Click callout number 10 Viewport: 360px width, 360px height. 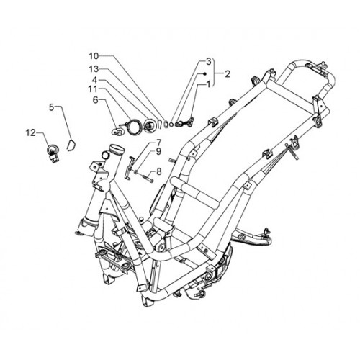click(94, 56)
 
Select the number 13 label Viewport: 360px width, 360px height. click(94, 69)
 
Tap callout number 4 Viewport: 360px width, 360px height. click(94, 79)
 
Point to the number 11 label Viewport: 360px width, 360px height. click(93, 89)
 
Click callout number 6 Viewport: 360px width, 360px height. click(96, 100)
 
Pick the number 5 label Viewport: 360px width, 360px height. click(52, 107)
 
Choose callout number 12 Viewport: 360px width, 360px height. click(31, 132)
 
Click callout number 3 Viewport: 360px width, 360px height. click(208, 61)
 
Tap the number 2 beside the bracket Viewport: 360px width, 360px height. click(228, 74)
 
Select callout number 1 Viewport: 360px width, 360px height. click(208, 84)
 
